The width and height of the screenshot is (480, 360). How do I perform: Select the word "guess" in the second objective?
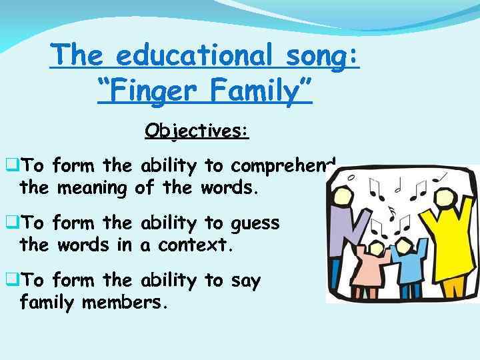[x=255, y=223]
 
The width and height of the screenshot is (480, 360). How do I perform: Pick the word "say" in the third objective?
[x=246, y=281]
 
